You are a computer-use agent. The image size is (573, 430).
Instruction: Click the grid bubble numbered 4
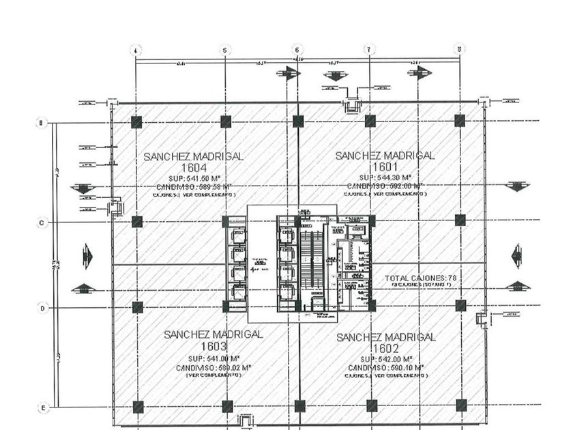point(136,50)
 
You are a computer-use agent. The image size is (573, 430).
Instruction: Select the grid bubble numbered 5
point(226,50)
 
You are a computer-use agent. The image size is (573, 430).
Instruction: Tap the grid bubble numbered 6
point(297,50)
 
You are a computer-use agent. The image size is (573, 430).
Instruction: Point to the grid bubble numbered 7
point(369,50)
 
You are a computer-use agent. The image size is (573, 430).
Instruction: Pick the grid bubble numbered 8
point(460,49)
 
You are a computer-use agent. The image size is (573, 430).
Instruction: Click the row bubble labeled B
point(42,123)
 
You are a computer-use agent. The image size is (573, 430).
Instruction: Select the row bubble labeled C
point(42,223)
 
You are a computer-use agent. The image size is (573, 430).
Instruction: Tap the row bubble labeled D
point(42,309)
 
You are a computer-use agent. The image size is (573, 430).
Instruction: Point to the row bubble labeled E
point(42,408)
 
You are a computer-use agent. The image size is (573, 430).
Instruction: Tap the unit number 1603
point(214,346)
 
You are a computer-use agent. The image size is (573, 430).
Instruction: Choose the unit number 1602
point(386,348)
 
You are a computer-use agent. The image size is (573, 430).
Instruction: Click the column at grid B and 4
point(136,122)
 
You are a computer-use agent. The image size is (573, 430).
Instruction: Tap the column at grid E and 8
point(460,405)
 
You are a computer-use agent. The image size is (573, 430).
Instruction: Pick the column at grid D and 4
point(137,307)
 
